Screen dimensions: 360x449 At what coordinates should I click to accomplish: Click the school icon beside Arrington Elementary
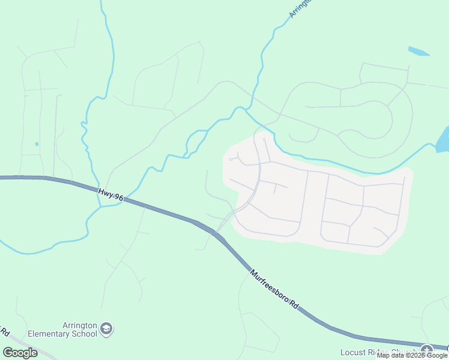click(x=107, y=328)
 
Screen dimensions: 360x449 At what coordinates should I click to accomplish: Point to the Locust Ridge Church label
click(x=378, y=352)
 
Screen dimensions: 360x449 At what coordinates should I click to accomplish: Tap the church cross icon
click(x=427, y=350)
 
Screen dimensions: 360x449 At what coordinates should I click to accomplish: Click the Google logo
click(x=20, y=353)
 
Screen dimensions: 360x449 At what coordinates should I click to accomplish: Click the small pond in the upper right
click(x=418, y=51)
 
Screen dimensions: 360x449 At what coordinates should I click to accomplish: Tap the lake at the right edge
click(x=443, y=140)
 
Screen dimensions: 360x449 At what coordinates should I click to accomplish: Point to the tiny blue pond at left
click(x=37, y=144)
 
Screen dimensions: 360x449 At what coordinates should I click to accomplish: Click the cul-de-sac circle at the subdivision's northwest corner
click(x=231, y=159)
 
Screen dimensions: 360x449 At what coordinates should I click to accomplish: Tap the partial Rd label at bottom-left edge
click(x=4, y=332)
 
